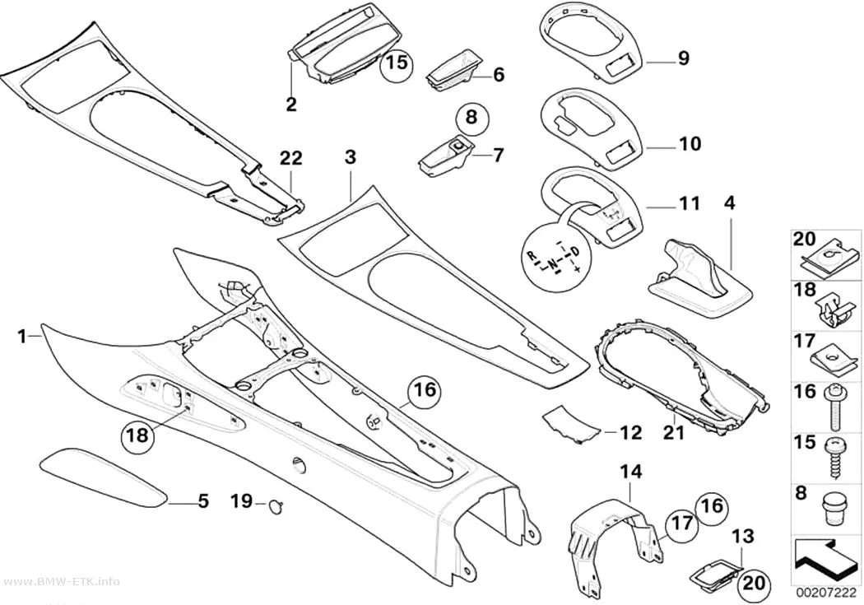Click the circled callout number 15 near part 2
click(x=397, y=63)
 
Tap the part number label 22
click(x=291, y=159)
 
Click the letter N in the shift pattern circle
click(x=555, y=269)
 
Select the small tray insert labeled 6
click(x=452, y=74)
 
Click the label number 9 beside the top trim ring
click(x=683, y=58)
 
